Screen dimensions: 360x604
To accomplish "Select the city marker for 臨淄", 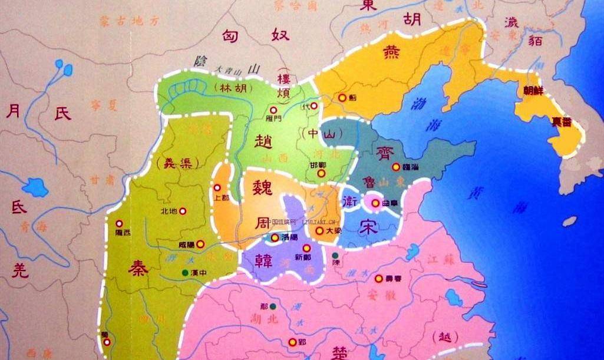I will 397,167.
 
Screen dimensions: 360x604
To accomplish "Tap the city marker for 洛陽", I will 275,237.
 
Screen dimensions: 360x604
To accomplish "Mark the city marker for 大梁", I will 319,232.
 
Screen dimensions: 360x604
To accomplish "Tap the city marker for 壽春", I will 379,279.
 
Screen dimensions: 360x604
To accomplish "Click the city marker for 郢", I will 292,342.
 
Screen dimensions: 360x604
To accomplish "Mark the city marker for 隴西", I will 120,224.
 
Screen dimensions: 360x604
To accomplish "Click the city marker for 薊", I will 341,98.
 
